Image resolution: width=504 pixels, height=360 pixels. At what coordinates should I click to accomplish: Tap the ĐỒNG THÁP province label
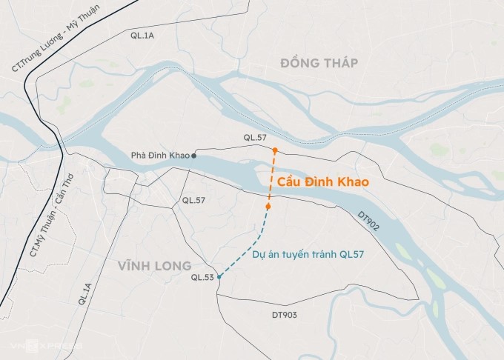pos(319,64)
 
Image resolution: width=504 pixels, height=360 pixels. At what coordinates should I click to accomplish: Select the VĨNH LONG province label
pos(153,265)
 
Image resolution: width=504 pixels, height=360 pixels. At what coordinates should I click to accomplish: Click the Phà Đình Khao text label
pos(159,156)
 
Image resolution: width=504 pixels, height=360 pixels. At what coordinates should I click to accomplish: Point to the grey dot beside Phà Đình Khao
pos(194,156)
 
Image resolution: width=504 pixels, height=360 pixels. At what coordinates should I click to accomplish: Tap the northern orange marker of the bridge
pos(275,150)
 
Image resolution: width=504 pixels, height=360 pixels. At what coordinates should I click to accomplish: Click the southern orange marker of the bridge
pos(268,206)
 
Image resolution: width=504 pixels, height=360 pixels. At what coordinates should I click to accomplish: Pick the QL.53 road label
pos(202,278)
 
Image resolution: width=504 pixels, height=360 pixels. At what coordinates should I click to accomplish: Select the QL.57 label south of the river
pos(193,201)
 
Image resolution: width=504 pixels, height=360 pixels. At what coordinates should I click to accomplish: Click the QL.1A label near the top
pos(141,35)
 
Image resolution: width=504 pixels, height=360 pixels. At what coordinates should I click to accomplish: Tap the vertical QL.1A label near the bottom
pos(83,294)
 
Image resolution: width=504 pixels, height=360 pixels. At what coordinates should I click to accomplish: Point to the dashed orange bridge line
pos(271,178)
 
